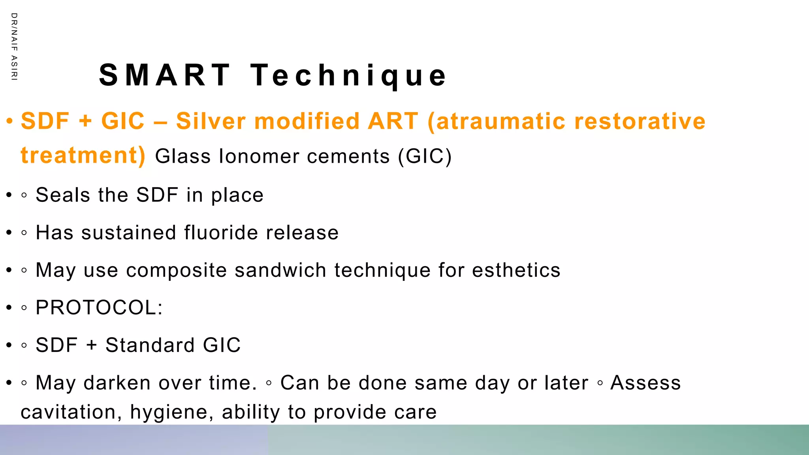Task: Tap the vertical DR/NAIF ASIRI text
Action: (x=14, y=47)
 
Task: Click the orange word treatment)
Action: (x=83, y=155)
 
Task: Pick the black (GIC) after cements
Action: (x=425, y=156)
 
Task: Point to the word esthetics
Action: (x=516, y=270)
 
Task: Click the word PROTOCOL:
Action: (x=99, y=308)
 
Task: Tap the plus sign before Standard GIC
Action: (x=92, y=346)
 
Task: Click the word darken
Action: (x=117, y=383)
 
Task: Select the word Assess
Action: (x=645, y=383)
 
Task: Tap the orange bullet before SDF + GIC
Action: (x=10, y=121)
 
